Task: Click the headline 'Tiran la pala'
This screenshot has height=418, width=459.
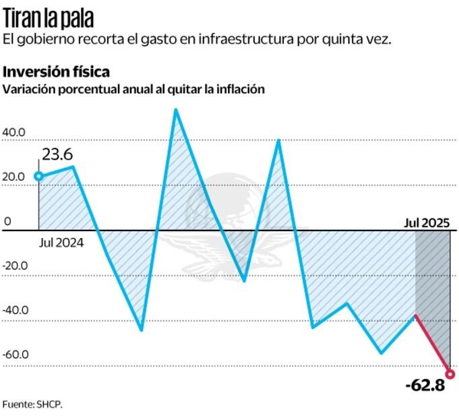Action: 49,16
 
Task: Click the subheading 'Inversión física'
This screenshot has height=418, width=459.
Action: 57,71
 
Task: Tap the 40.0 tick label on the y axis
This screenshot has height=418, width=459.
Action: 14,133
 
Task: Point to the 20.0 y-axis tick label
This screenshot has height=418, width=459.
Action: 14,177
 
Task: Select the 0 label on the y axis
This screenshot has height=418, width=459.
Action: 8,221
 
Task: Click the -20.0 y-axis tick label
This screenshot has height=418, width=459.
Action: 14,266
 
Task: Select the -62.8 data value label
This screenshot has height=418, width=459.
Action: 425,386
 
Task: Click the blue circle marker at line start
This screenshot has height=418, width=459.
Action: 38,177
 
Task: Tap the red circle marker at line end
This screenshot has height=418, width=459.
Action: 450,374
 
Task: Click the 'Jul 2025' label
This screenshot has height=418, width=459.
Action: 427,222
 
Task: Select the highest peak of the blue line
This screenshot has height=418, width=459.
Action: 175,110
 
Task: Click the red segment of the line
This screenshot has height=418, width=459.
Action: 433,345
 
